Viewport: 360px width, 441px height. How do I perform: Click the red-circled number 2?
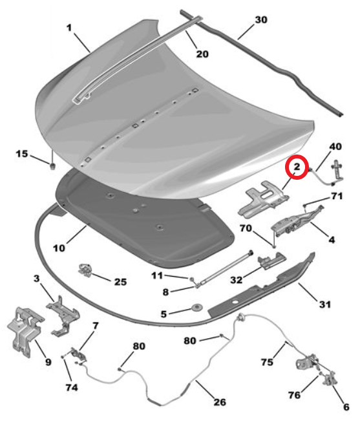coord(297,167)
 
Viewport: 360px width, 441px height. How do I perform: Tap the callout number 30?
coord(261,20)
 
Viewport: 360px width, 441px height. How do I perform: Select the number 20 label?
coord(202,54)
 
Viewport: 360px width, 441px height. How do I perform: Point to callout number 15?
coord(22,154)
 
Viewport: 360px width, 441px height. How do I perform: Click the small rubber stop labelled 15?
coord(52,166)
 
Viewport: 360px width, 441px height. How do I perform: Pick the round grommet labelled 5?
coord(196,307)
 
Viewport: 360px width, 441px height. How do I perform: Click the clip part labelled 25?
coord(85,270)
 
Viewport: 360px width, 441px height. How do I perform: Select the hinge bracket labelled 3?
coord(63,315)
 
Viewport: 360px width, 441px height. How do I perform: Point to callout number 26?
coord(220,402)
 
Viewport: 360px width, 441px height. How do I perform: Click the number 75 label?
coord(267,361)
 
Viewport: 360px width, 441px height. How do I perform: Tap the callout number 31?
coord(325,304)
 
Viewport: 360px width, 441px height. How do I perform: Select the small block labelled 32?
coord(271,261)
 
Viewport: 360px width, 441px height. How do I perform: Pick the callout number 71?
coord(337,196)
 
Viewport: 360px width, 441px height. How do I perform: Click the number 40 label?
coord(335,147)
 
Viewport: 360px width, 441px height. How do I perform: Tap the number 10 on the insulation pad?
coord(59,248)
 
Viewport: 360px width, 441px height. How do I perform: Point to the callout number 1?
coord(69,28)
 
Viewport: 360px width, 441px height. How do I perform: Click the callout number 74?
coord(72,387)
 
